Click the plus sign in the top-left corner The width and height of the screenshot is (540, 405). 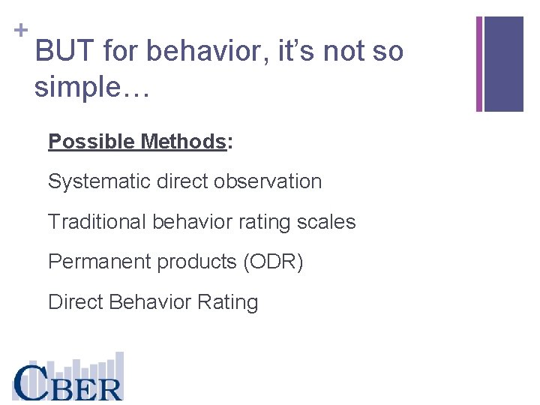click(21, 30)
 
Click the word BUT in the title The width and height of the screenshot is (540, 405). click(65, 52)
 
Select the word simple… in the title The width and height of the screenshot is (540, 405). click(92, 87)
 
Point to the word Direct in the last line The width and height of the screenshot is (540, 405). click(75, 302)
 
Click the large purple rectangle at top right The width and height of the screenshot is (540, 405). click(503, 64)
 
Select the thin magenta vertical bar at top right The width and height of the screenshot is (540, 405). click(479, 64)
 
